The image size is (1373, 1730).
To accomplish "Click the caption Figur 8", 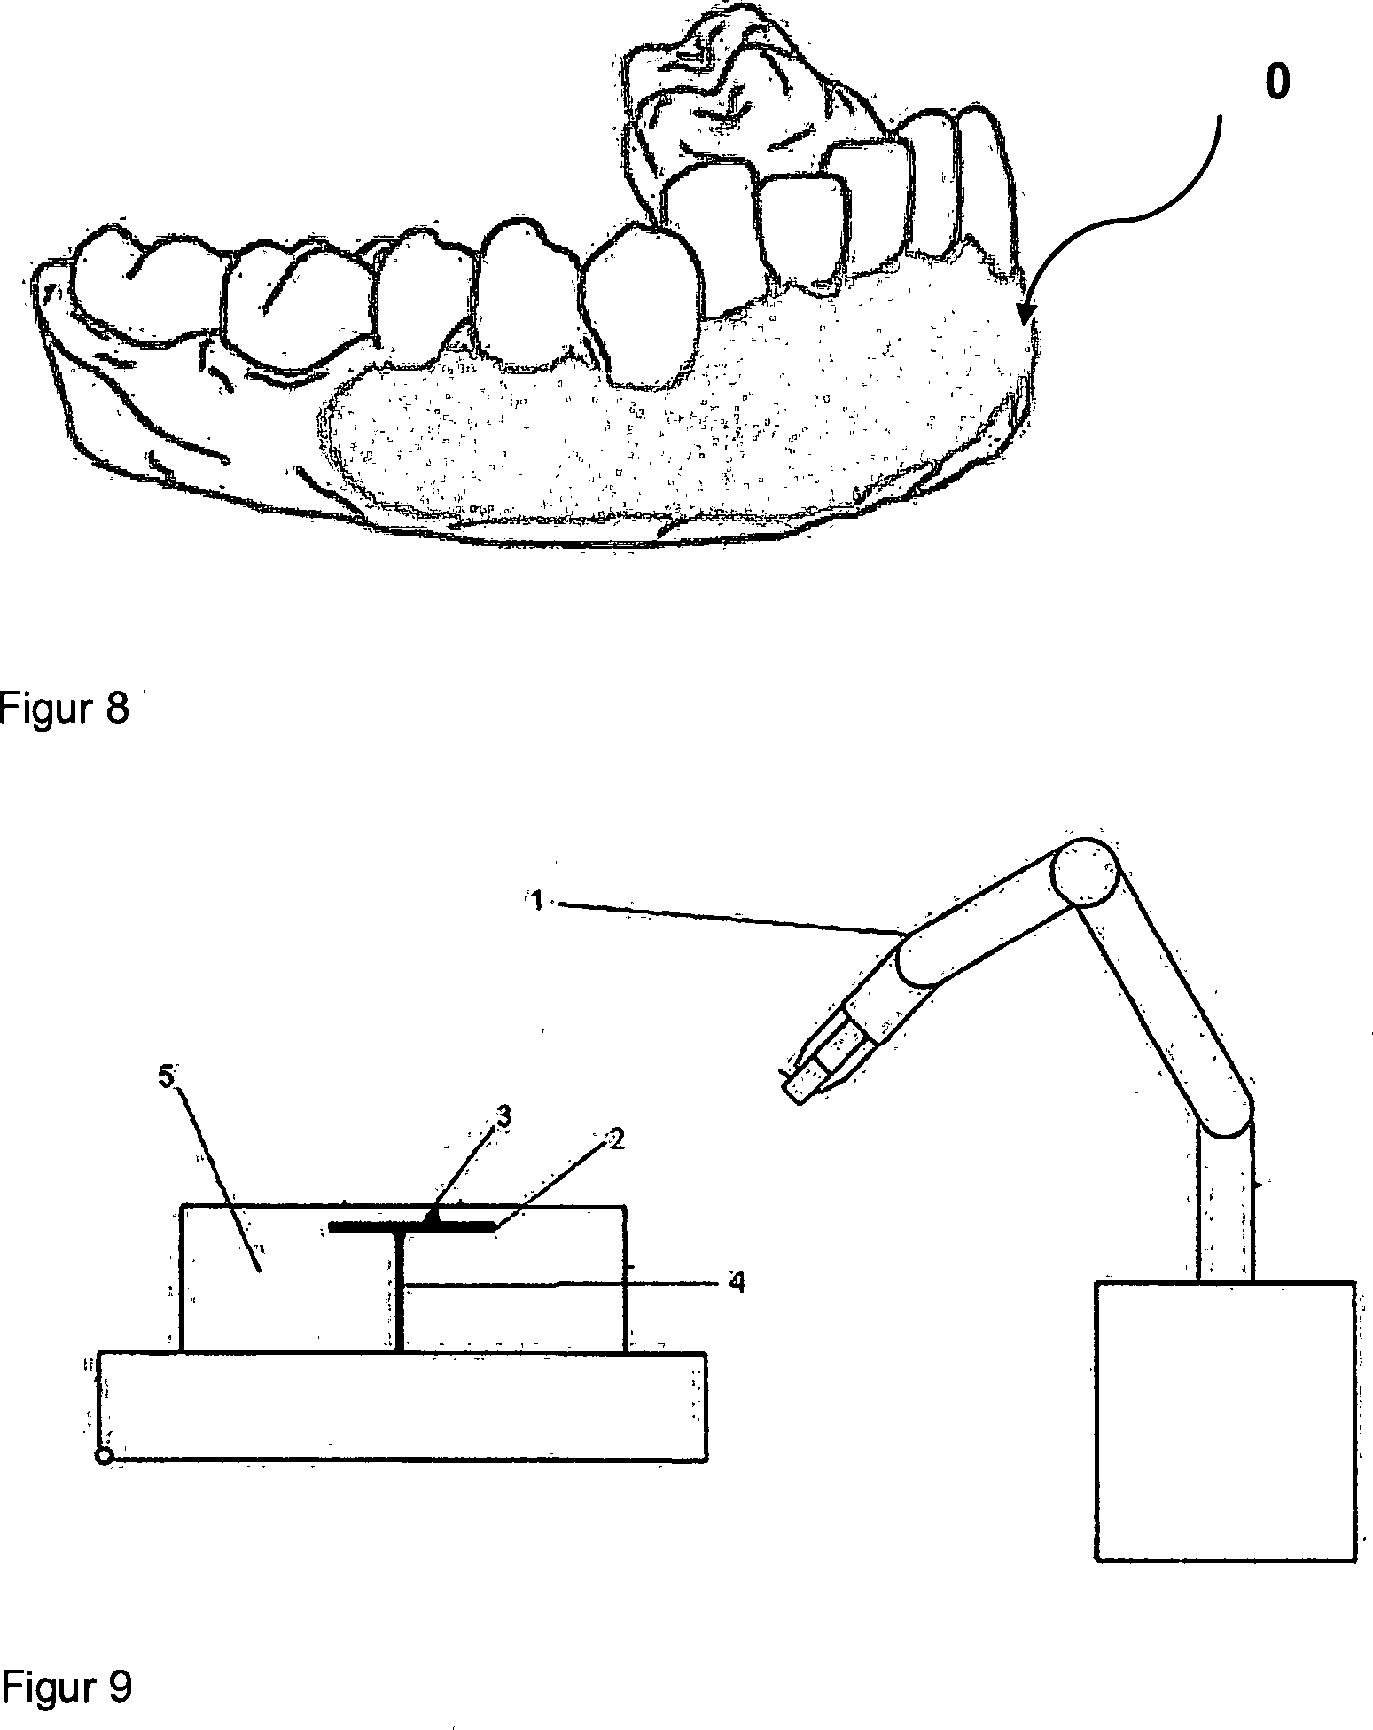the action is (65, 709).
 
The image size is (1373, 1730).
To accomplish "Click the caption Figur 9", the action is (66, 1686).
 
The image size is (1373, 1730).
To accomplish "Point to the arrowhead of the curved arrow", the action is (1027, 316).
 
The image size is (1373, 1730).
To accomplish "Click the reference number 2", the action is (619, 1139).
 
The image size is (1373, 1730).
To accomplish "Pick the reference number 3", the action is (504, 1118).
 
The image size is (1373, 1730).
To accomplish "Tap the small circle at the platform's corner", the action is (103, 1457).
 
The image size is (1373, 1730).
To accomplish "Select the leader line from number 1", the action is (727, 918).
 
